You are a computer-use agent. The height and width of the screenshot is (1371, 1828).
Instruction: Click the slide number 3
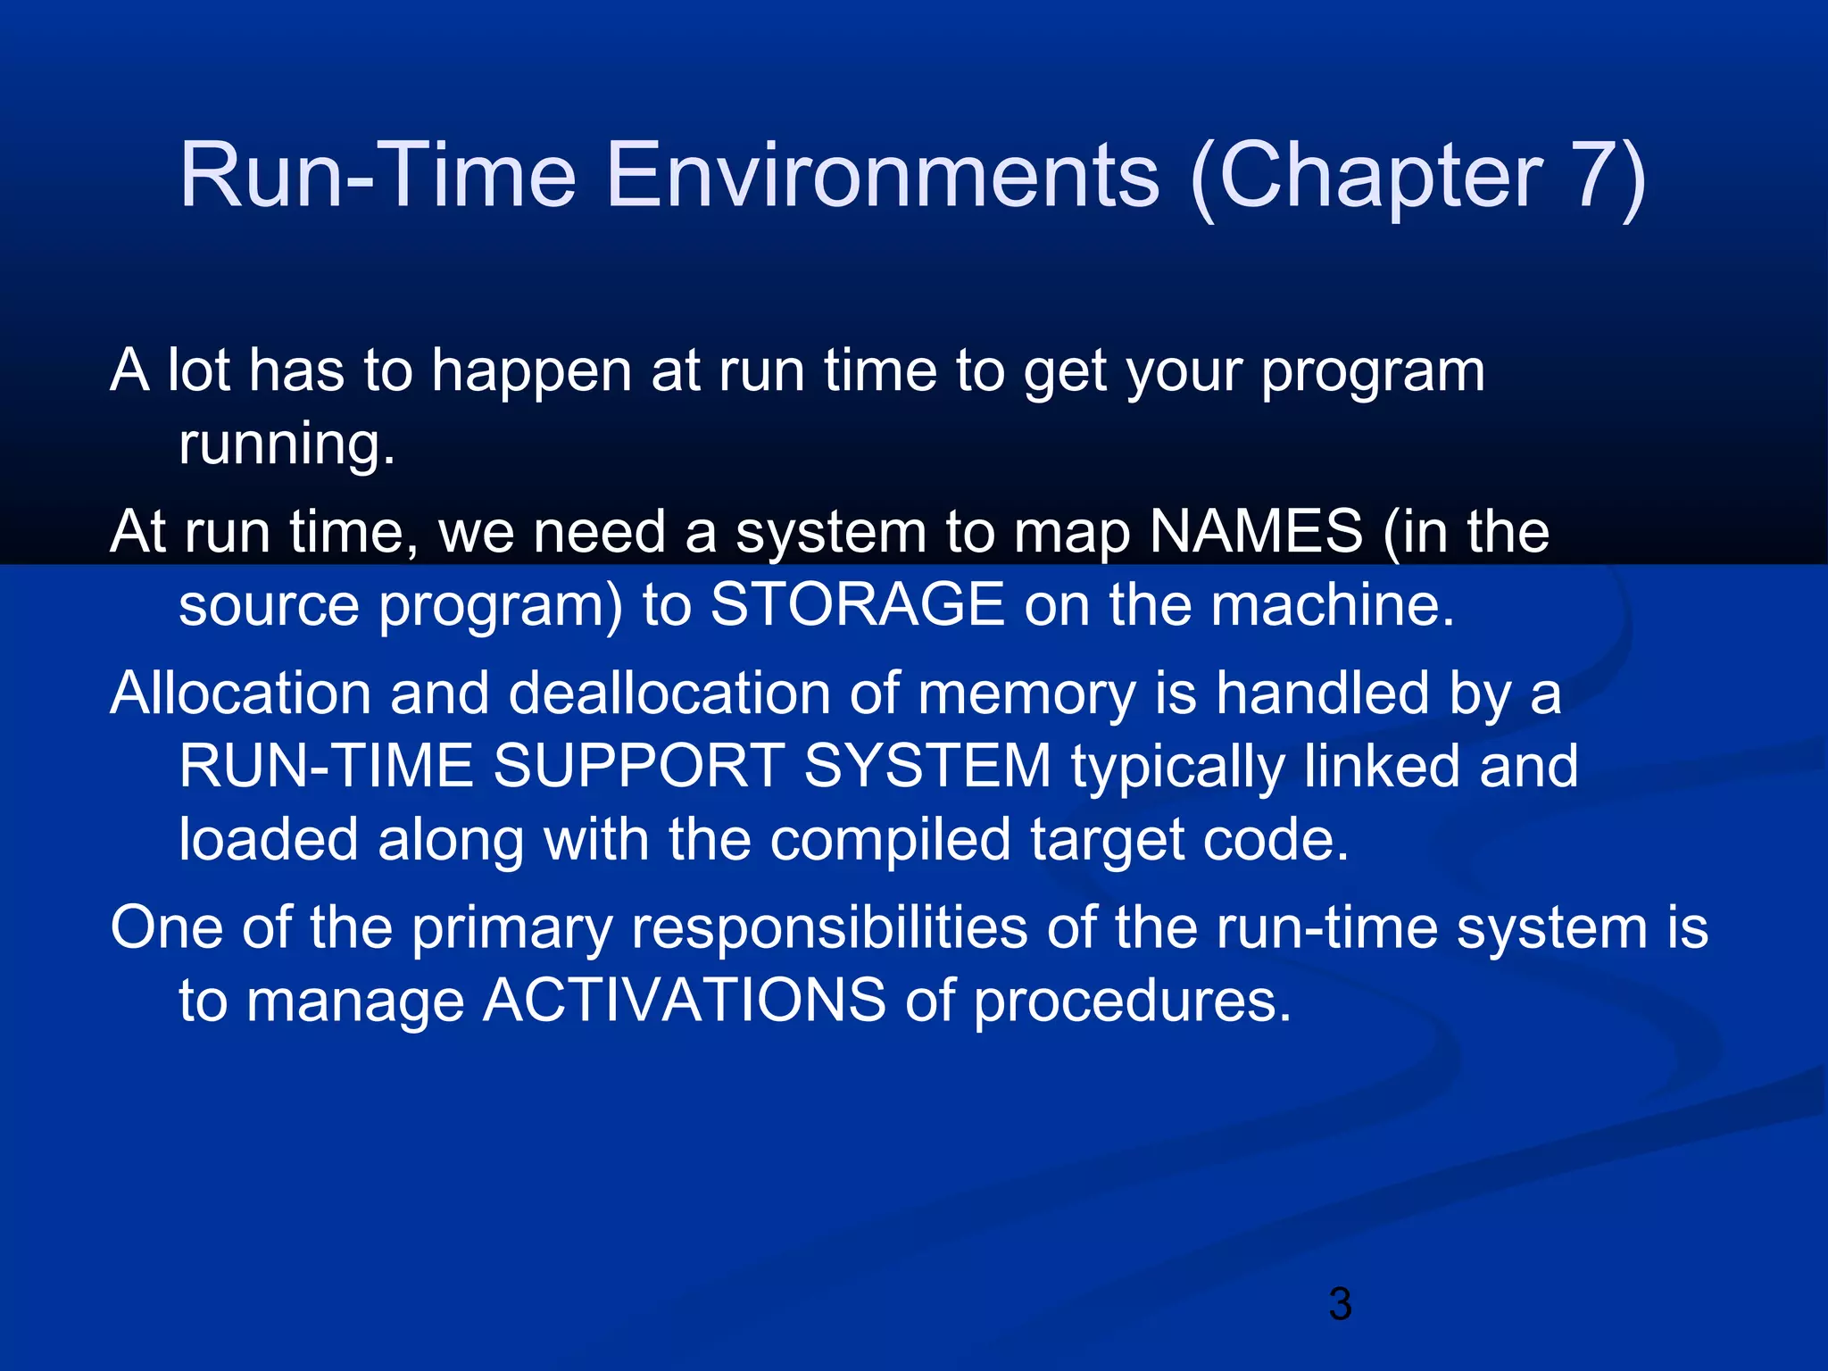[1340, 1304]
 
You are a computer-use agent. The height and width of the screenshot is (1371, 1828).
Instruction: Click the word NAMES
[1256, 532]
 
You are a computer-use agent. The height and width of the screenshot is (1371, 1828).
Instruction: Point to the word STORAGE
[857, 604]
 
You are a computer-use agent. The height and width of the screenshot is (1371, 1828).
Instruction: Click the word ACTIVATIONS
[684, 1001]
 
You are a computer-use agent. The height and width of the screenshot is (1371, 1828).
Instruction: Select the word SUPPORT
[638, 767]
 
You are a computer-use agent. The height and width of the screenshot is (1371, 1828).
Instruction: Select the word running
[286, 445]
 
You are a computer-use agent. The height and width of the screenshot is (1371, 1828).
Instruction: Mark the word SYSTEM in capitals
[927, 767]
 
